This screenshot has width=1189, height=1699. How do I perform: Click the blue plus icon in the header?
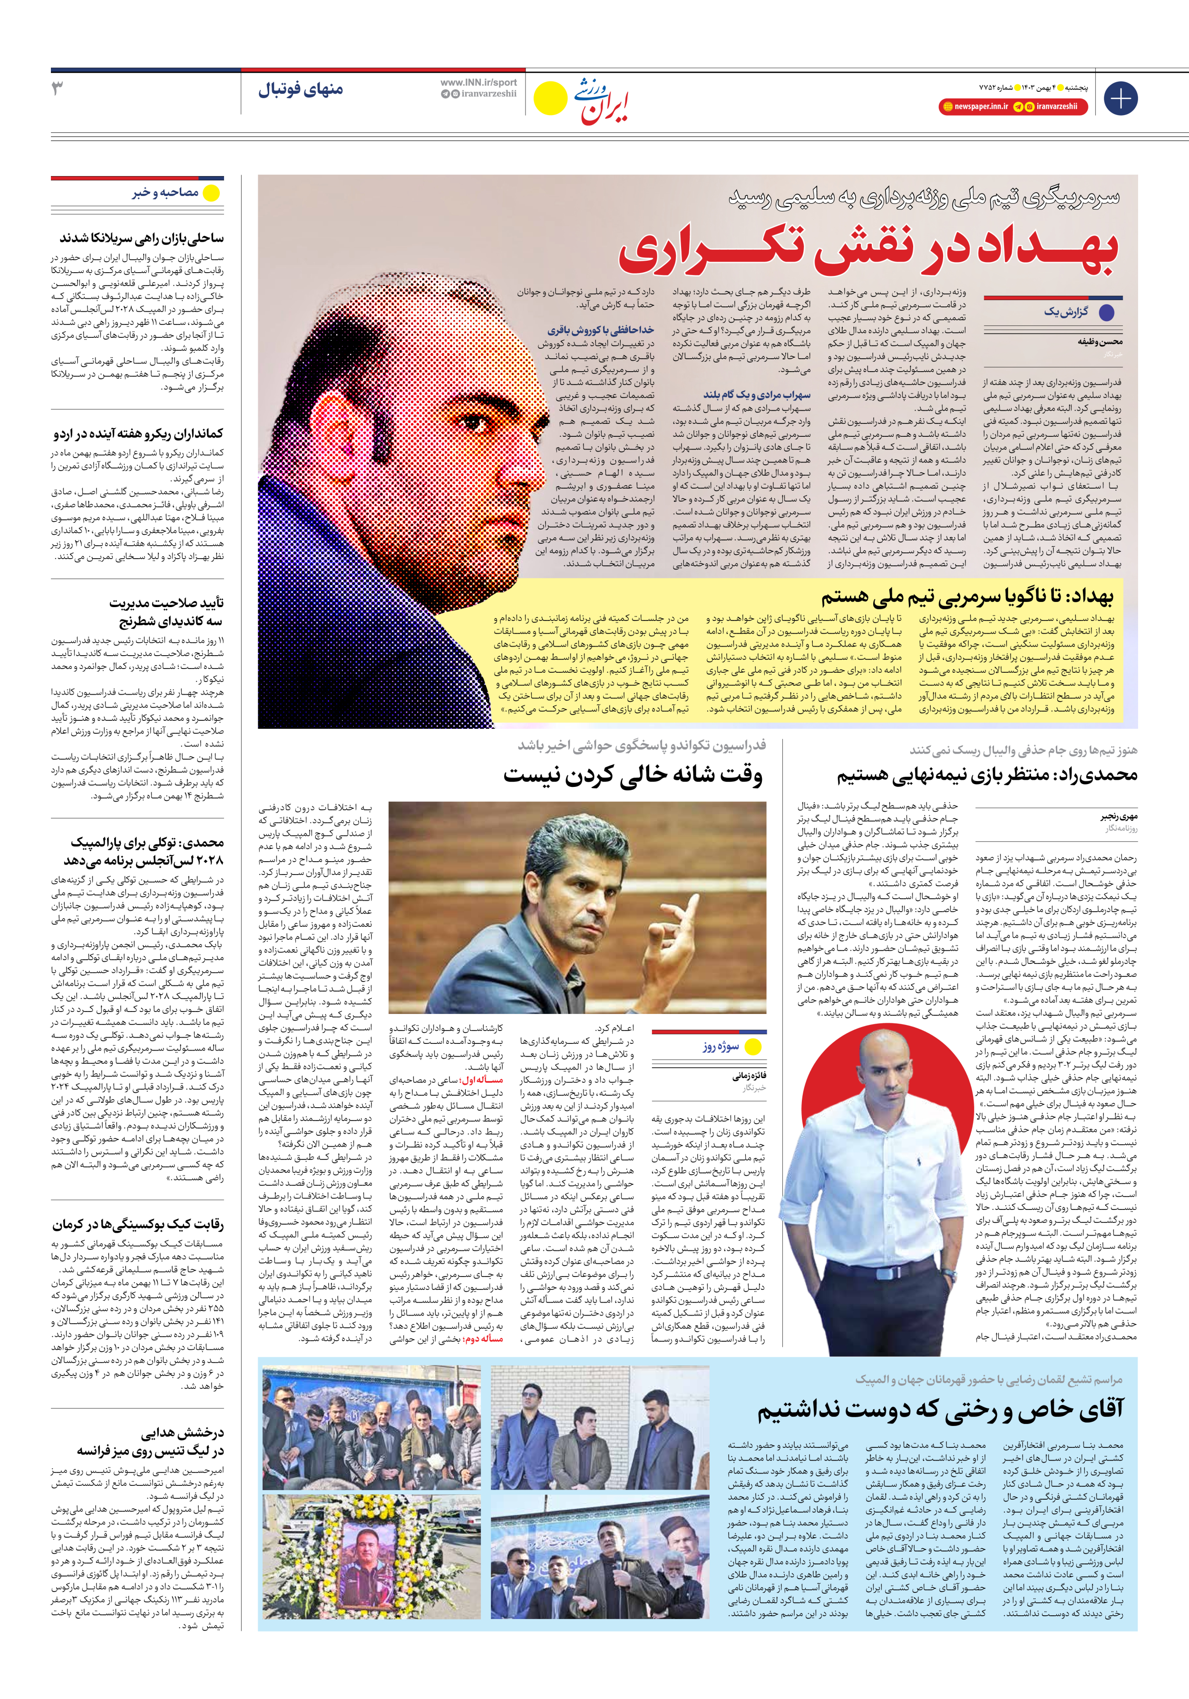(1120, 98)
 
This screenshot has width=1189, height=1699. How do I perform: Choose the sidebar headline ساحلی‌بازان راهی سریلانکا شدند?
(141, 238)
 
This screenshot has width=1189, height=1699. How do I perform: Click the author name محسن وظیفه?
(1100, 342)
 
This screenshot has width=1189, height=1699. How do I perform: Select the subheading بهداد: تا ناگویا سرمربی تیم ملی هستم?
(966, 597)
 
